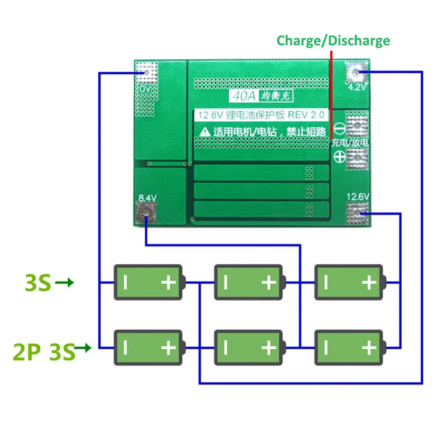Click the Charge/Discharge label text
point(333,40)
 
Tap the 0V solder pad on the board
point(147,72)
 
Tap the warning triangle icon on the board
point(205,131)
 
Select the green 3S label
point(38,283)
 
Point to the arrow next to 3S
point(65,283)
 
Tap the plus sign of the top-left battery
point(168,283)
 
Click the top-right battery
point(350,283)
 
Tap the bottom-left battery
point(149,348)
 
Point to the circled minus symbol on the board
point(338,127)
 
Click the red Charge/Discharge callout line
point(331,89)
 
